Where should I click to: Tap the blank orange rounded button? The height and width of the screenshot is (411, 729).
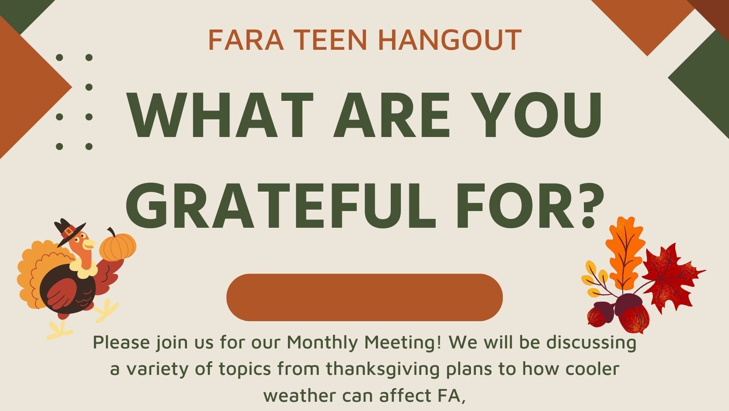pyautogui.click(x=364, y=297)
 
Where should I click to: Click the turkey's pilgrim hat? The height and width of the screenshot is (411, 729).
pyautogui.click(x=69, y=231)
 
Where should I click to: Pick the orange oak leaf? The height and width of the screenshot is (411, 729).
pyautogui.click(x=624, y=251)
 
